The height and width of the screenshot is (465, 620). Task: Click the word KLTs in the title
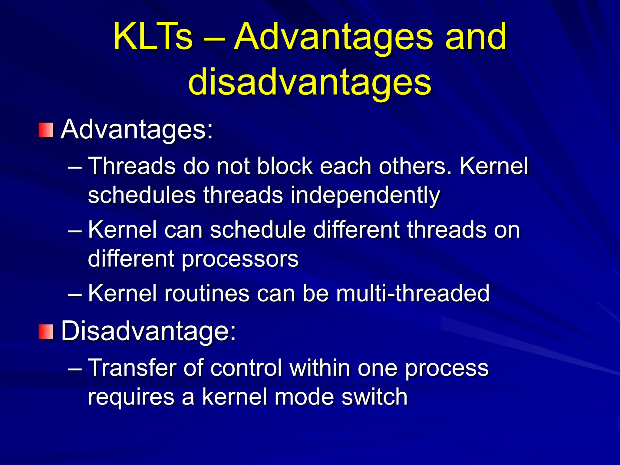[153, 37]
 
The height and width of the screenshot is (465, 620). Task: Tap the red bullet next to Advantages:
[46, 130]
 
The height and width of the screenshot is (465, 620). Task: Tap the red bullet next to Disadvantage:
[46, 331]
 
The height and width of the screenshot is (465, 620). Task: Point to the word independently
[365, 196]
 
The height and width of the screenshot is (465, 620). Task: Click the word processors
[240, 259]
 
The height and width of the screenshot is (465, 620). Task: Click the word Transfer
[132, 368]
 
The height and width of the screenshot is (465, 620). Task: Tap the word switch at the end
[374, 397]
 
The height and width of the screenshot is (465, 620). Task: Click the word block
[285, 166]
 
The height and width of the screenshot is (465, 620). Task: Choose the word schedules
[142, 196]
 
